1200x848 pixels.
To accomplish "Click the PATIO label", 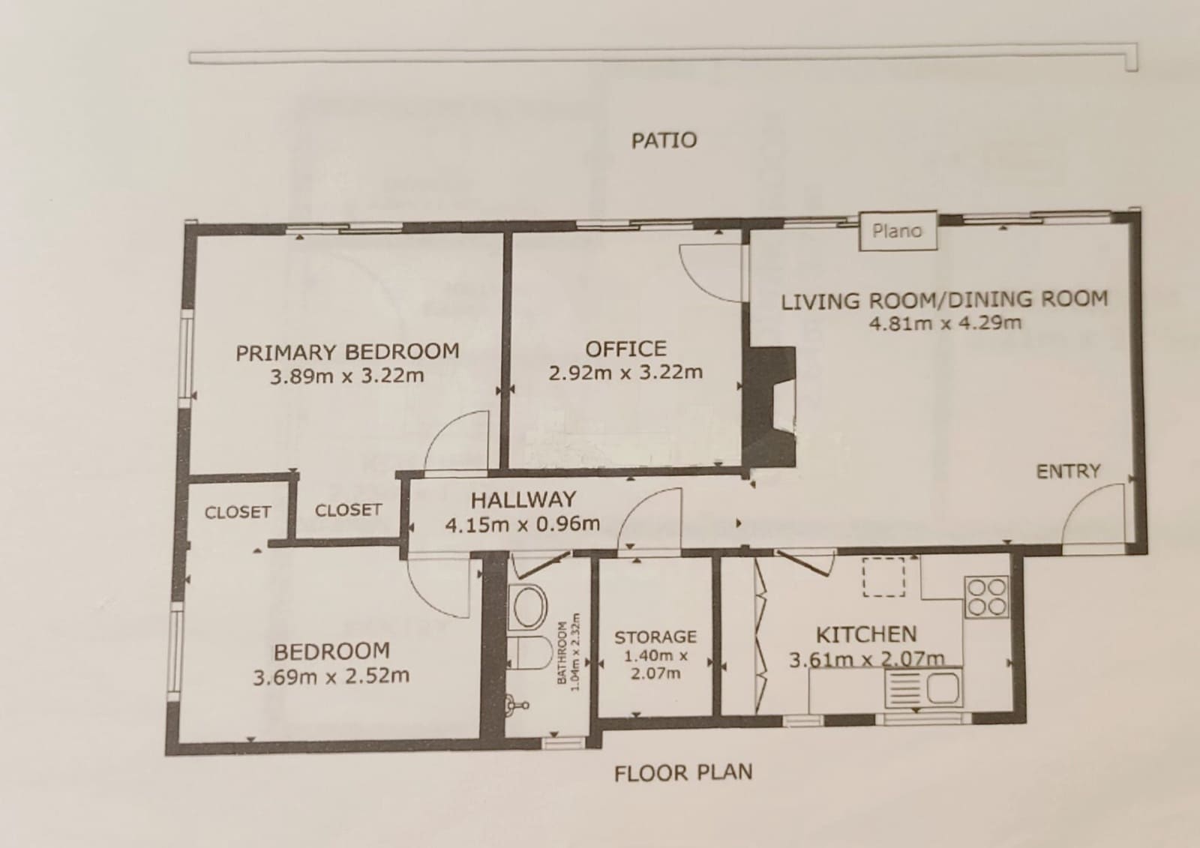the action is [664, 140].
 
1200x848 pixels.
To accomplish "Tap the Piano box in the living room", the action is [898, 231].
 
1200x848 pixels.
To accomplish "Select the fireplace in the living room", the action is [769, 407].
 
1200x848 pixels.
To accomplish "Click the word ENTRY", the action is [1068, 472].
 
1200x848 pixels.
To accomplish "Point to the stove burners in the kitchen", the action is [986, 597].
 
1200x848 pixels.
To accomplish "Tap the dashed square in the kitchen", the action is [883, 577].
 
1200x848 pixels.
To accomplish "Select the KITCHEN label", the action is [866, 635].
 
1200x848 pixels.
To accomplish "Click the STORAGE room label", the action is [655, 637].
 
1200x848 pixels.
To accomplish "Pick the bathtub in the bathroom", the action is [528, 607].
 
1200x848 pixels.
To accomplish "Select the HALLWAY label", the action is [523, 500].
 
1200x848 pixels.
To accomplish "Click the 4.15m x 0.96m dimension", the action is [522, 524].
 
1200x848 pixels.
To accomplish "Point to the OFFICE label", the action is [625, 349].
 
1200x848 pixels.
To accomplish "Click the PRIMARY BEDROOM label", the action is [348, 352].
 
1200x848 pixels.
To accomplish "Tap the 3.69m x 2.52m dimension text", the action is [331, 676].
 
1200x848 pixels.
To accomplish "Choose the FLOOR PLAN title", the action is [683, 773].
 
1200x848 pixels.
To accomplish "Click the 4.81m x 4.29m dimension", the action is [945, 323].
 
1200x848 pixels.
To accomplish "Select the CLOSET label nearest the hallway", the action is [348, 510].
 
